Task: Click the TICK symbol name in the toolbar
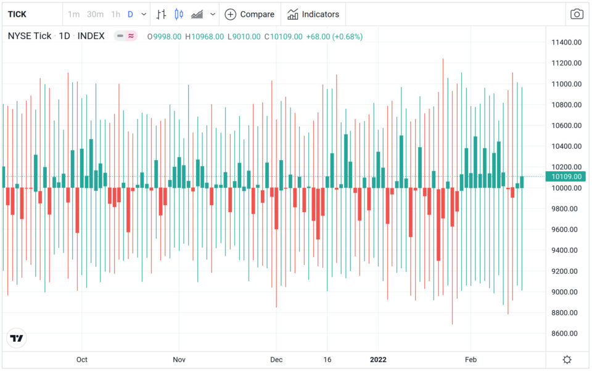[17, 14]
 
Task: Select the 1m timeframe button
[73, 14]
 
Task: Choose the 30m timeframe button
[95, 14]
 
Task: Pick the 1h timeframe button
[115, 14]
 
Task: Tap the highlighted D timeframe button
[130, 14]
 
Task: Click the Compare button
[250, 14]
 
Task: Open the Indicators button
[313, 14]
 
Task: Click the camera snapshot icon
[577, 14]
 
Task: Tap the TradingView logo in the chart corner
[17, 338]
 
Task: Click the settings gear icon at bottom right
[567, 360]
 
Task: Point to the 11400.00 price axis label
[566, 42]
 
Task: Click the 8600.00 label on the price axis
[566, 334]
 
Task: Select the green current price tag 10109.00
[566, 177]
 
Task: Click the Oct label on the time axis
[82, 360]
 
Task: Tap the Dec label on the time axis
[276, 360]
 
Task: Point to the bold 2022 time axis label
[377, 360]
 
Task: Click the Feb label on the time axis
[471, 360]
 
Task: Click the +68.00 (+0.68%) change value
[334, 36]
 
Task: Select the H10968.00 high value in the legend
[205, 36]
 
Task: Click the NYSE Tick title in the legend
[30, 36]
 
